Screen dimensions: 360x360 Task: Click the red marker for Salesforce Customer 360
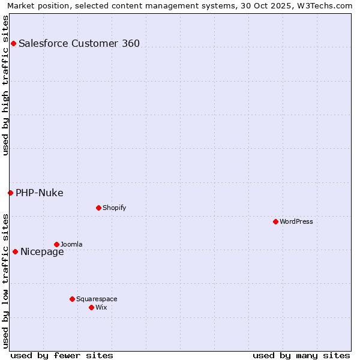coord(13,43)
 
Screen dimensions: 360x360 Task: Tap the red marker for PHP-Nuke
coord(10,193)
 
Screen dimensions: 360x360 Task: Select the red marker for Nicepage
coord(15,251)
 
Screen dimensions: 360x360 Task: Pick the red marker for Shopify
coord(98,208)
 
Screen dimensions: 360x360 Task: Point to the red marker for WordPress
coord(275,221)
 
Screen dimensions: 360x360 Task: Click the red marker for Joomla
coord(56,244)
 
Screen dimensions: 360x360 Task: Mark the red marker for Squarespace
coord(72,299)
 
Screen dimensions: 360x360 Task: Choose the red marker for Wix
coord(91,307)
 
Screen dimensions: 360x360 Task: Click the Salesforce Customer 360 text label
coord(79,43)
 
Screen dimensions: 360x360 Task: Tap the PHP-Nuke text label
coord(40,193)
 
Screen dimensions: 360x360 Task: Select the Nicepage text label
coord(42,251)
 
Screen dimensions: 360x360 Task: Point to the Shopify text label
coord(115,208)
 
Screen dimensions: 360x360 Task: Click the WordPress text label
coord(296,221)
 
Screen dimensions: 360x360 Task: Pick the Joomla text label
coord(71,244)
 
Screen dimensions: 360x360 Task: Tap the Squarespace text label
coord(97,299)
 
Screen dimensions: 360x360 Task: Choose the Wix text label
coord(101,307)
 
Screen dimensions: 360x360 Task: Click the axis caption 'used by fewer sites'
coord(62,355)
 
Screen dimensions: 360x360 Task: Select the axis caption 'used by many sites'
coord(301,355)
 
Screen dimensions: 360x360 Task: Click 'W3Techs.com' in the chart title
coord(326,6)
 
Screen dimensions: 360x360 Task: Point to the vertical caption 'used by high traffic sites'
coord(6,85)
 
